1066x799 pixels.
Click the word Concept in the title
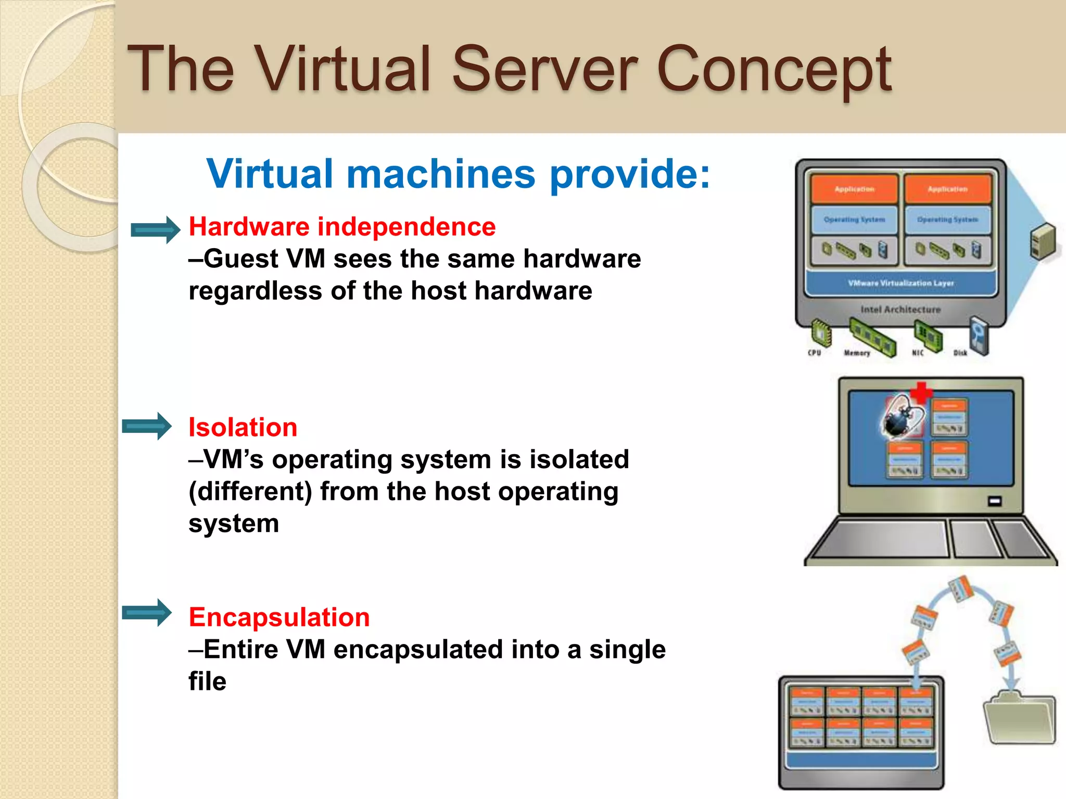(774, 70)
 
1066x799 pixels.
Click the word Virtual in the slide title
(344, 70)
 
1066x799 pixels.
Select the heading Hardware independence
(342, 227)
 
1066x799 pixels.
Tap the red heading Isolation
(243, 428)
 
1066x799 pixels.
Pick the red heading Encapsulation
(279, 617)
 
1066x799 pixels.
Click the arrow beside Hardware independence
(155, 229)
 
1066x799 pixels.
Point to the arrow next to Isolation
(147, 427)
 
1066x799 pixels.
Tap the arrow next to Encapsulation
(147, 613)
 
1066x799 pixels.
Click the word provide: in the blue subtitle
(630, 175)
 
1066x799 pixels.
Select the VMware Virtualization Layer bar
(900, 283)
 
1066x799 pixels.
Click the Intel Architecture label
(900, 310)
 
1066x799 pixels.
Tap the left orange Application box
(854, 189)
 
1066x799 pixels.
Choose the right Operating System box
(947, 220)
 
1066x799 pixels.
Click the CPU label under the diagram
(815, 353)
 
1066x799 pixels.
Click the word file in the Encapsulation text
(207, 681)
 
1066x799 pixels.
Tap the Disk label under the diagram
(960, 353)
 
